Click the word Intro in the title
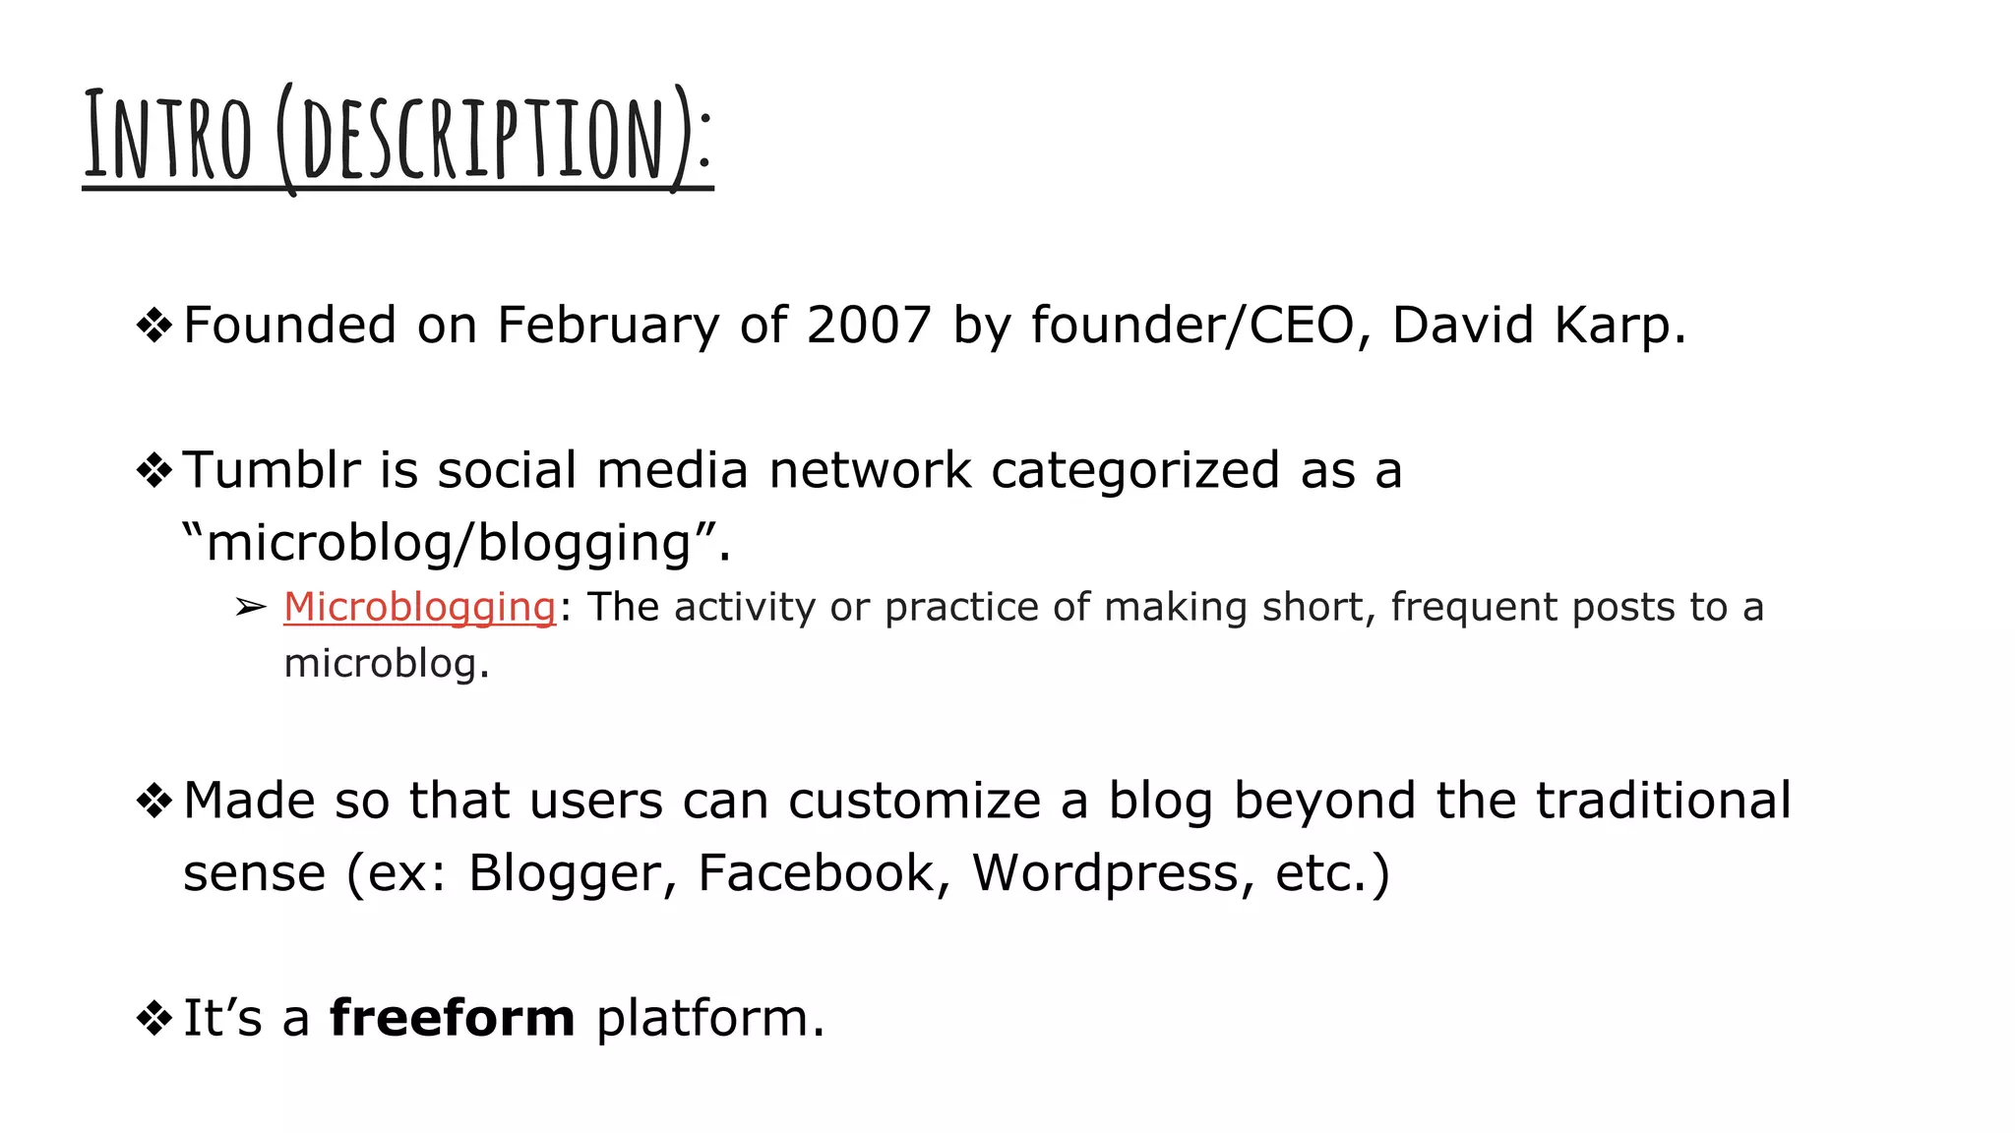[x=168, y=136]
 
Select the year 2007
[x=869, y=326]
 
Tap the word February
[x=608, y=326]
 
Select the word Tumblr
[x=272, y=470]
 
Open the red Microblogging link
[x=420, y=608]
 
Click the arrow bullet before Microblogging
[x=251, y=608]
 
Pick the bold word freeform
[x=452, y=1018]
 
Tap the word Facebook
[x=816, y=873]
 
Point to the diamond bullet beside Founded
[x=154, y=326]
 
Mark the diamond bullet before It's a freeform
[x=154, y=1018]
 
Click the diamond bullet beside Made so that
[x=154, y=801]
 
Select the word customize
[x=914, y=801]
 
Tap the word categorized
[x=1134, y=470]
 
